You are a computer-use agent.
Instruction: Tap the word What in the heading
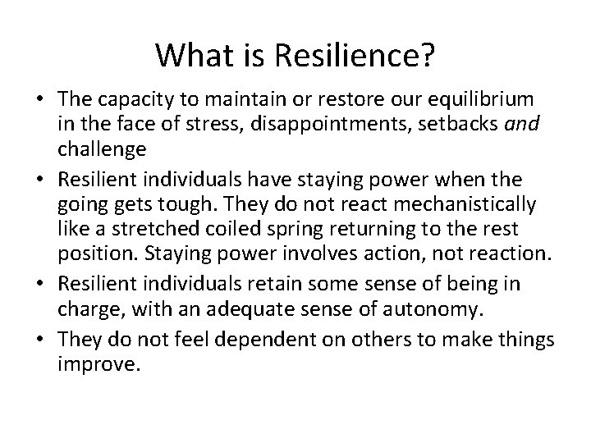pyautogui.click(x=190, y=57)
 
